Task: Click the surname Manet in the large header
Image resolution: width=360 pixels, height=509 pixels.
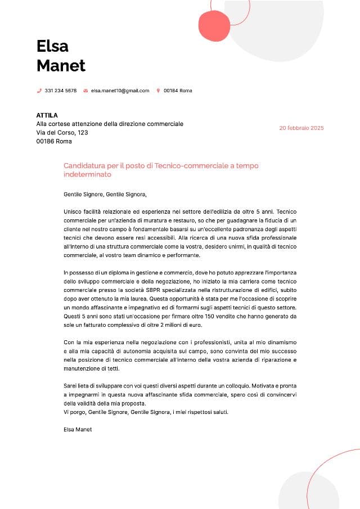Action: pos(61,65)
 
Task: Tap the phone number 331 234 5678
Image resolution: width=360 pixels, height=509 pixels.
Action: pos(61,91)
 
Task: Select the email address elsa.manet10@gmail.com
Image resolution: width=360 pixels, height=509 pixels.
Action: pos(120,91)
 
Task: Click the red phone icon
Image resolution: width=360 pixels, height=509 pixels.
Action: pos(39,91)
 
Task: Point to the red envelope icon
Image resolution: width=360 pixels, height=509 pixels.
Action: pos(85,91)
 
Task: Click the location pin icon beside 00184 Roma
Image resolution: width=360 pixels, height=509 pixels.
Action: pos(158,91)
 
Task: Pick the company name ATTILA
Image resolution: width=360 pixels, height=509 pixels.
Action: pos(47,115)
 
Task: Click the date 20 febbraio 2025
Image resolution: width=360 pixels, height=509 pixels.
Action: pos(301,128)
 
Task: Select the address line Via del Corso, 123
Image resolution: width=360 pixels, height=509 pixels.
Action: pos(62,133)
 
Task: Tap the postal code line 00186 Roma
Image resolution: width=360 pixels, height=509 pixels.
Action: pos(54,141)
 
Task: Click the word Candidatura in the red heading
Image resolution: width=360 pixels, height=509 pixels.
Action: pos(84,165)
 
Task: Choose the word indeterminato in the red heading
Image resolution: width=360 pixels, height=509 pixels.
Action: pos(87,174)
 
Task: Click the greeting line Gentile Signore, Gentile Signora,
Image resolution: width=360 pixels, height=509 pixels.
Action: pos(105,195)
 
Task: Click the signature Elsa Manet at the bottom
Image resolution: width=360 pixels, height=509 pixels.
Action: pos(78,429)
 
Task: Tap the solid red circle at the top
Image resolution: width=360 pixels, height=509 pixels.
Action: pos(214,26)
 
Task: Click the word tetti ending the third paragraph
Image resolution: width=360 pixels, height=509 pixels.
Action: pos(112,368)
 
